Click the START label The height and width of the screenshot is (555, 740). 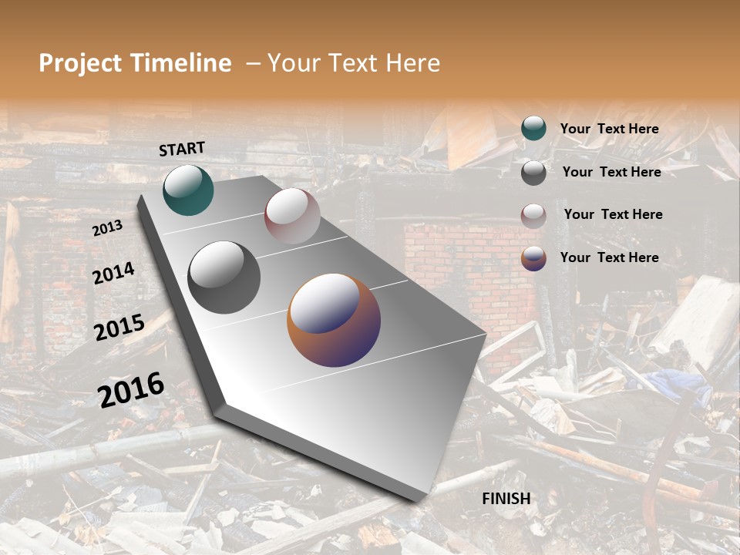pos(182,149)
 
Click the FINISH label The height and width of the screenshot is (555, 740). pos(506,499)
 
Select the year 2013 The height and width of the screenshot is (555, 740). pos(107,228)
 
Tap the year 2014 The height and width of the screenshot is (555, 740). pos(113,274)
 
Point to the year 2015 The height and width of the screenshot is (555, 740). pos(119,328)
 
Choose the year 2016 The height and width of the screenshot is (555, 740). pos(131,389)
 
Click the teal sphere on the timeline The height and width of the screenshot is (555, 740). pos(188,190)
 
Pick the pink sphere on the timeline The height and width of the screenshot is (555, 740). pos(292,216)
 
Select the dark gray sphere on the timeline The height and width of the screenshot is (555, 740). pos(224,277)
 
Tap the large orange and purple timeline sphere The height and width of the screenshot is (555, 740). pos(334,320)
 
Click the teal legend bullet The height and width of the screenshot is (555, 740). pos(533,129)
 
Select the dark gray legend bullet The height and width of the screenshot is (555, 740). pos(533,173)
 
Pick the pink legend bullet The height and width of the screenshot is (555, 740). pos(533,216)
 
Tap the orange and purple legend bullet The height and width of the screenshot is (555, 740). pos(533,258)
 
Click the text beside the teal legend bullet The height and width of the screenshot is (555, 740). pos(609,129)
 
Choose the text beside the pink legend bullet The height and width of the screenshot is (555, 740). pos(613,214)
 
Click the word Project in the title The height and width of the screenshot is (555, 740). pos(80,63)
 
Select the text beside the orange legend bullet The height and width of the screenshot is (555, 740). pos(609,257)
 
